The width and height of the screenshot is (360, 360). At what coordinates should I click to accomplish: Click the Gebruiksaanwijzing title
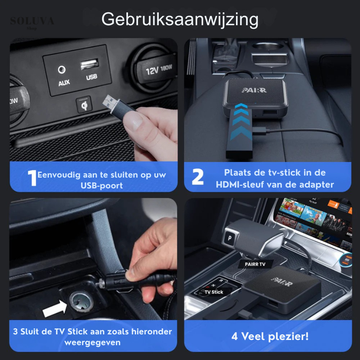point(180,19)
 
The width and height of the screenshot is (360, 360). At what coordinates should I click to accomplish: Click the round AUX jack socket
point(62,70)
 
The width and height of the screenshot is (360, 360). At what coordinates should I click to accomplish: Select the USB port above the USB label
point(90,64)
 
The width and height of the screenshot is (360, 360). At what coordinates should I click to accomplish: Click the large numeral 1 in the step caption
point(32,178)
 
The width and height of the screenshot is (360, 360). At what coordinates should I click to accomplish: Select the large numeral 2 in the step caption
point(198,177)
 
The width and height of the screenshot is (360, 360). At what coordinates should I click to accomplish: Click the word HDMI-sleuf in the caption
point(240,184)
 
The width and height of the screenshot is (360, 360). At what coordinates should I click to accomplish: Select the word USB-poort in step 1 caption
point(102,185)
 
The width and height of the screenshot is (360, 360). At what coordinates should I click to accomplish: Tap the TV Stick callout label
point(214,292)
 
